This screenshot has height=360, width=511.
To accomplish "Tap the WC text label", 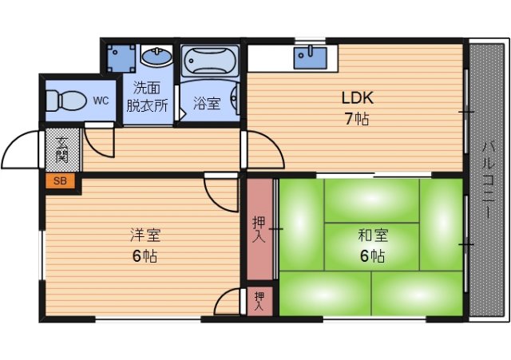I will [101, 100].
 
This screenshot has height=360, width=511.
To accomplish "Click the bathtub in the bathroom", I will [209, 60].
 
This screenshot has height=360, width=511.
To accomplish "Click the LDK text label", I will [358, 98].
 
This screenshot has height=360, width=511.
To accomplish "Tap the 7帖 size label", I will [357, 120].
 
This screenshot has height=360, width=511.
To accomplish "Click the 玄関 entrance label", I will [61, 149].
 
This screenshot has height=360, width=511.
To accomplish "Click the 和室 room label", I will [372, 235].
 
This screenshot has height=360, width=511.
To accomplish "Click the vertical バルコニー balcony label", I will [487, 180].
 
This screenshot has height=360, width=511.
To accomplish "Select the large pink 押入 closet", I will [259, 227].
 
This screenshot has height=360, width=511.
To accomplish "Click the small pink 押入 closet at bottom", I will [259, 300].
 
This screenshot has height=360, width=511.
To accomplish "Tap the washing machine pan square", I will [122, 57].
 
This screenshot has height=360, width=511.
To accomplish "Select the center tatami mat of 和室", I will [372, 243].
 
